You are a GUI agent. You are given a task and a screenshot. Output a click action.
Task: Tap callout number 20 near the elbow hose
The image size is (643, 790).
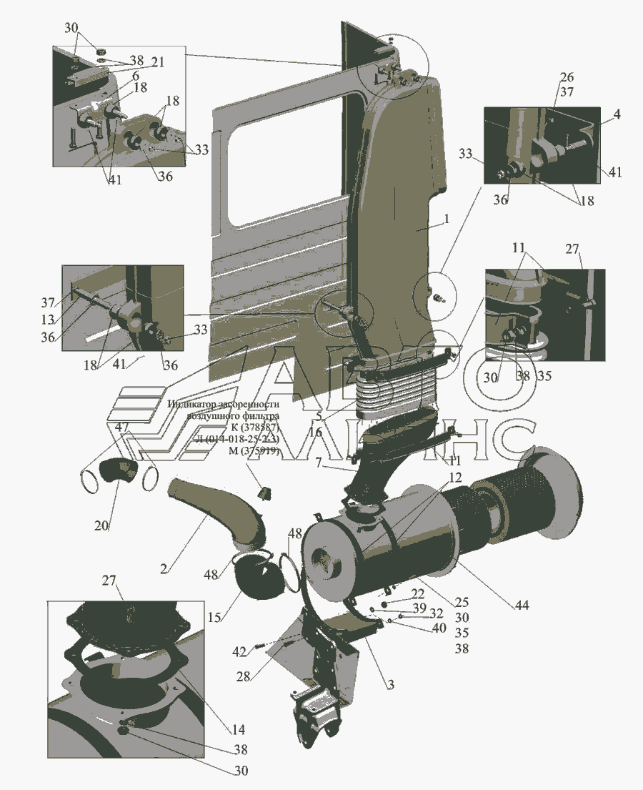coord(101,525)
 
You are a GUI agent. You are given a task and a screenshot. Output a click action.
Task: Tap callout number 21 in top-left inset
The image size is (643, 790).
coord(157,62)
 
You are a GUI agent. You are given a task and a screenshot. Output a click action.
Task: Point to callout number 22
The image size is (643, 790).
coord(417,593)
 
